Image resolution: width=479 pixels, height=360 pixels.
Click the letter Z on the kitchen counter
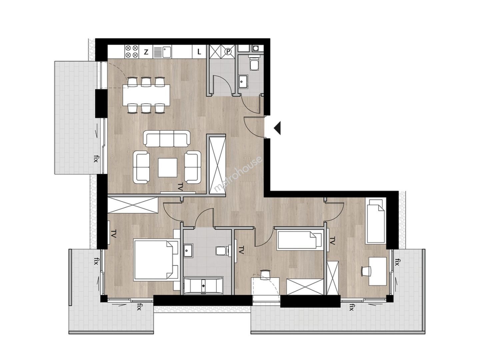tap(146, 52)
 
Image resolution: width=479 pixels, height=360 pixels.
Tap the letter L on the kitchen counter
tap(199, 52)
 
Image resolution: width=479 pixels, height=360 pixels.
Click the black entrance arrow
tap(277, 128)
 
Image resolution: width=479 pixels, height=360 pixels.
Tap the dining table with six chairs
tap(146, 95)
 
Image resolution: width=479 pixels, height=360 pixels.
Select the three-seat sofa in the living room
tap(167, 139)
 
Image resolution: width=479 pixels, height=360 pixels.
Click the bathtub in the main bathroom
tap(203, 286)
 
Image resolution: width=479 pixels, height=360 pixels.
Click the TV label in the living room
tap(180, 187)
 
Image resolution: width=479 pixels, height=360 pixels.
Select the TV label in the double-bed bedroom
tap(113, 233)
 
